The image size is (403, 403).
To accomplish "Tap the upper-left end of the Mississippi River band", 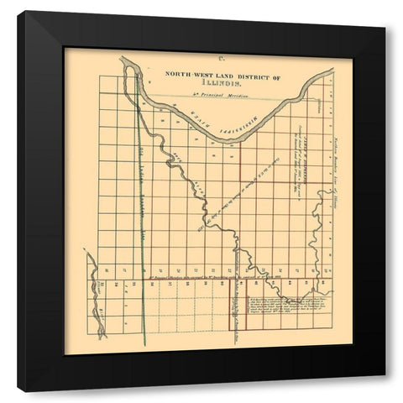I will coord(126,63).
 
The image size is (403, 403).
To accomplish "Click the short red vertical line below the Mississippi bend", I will coord(241,160).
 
